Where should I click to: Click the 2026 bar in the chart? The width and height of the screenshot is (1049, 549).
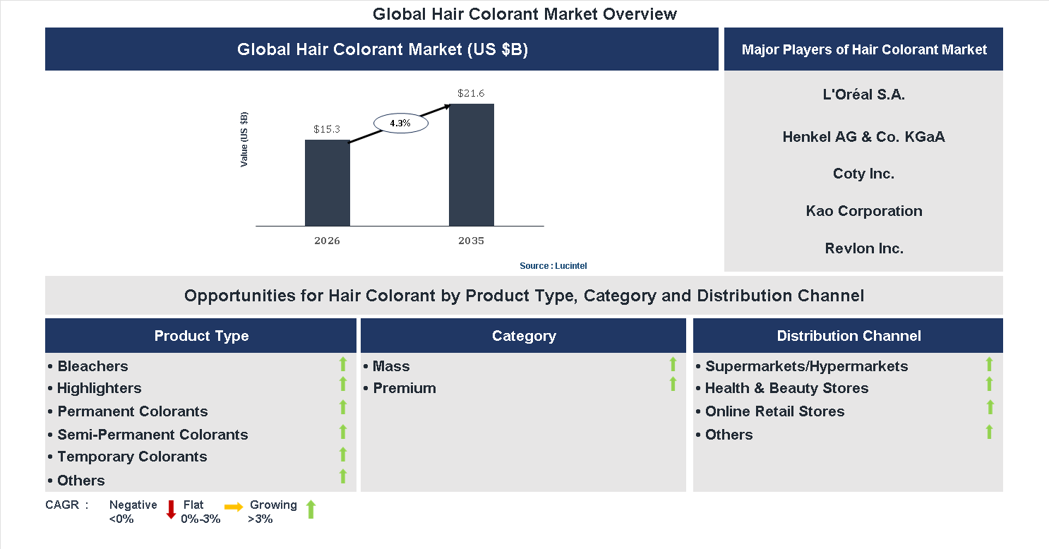click(x=327, y=183)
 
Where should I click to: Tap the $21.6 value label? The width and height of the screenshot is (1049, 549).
click(x=471, y=93)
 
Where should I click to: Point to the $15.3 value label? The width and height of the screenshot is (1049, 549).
click(x=327, y=129)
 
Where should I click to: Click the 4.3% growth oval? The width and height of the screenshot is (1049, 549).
click(x=400, y=123)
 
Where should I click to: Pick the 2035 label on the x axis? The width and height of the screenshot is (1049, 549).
click(x=471, y=241)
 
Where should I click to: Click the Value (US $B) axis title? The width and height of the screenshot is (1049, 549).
click(x=244, y=139)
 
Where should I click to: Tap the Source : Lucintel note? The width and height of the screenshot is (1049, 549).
click(x=553, y=266)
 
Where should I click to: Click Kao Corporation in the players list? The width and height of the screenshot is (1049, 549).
click(x=864, y=211)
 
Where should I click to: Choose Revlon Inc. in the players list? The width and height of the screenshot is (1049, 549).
click(x=864, y=248)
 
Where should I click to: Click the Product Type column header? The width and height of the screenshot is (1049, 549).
click(x=201, y=336)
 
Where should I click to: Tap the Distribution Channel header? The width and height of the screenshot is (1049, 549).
click(x=849, y=336)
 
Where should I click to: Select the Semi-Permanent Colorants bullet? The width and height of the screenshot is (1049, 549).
click(x=152, y=435)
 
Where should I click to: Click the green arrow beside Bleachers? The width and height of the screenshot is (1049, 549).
click(x=343, y=364)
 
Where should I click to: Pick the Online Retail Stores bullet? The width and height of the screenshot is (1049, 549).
click(x=774, y=411)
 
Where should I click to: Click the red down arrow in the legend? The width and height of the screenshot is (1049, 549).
click(x=171, y=509)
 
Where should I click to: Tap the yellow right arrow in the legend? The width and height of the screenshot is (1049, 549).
click(x=234, y=507)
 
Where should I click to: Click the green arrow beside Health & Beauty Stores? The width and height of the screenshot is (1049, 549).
click(x=989, y=385)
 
